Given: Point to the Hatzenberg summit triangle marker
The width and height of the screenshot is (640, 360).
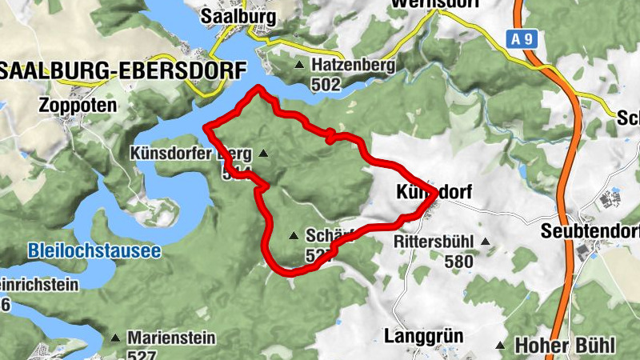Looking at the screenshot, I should (x=299, y=65).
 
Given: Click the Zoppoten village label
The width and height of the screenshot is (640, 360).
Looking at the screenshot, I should (x=77, y=105).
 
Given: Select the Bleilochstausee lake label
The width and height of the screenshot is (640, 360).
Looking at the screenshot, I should (x=94, y=250).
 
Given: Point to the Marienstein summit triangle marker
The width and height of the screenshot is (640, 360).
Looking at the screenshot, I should (x=114, y=338).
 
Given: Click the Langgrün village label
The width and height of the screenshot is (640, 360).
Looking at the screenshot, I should (x=424, y=335).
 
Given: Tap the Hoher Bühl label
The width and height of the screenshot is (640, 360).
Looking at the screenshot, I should (x=565, y=346).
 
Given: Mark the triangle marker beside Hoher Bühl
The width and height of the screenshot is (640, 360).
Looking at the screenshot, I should (x=500, y=346).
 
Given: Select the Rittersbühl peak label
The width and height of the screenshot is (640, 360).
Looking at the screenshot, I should (x=434, y=241).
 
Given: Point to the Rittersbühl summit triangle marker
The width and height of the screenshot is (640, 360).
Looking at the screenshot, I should (x=485, y=241).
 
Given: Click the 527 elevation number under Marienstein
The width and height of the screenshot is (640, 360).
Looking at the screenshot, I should (x=142, y=354).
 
